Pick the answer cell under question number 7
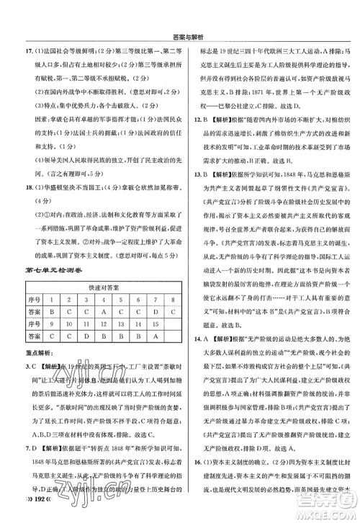(155, 310)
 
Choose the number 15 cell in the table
(155, 323)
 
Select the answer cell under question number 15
(155, 336)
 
